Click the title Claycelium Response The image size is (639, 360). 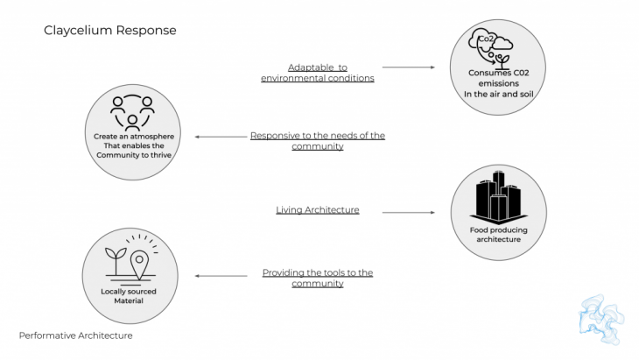pos(110,31)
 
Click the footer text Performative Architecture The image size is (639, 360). pos(76,335)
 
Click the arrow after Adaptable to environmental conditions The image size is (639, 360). pos(408,67)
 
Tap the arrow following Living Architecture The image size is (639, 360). pos(408,211)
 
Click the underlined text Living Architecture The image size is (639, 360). pos(318,210)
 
